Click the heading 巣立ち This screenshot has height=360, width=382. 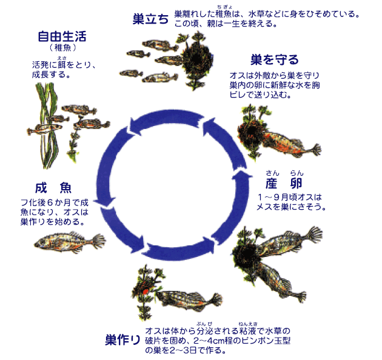[x=150, y=19]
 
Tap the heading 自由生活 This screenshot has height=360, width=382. [x=62, y=36]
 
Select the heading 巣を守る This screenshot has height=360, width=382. [x=275, y=60]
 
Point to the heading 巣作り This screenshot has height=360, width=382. [x=122, y=339]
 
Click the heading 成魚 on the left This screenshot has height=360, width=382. [x=53, y=188]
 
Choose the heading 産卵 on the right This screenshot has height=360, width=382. [x=284, y=183]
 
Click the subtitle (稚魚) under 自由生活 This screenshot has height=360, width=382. [x=62, y=47]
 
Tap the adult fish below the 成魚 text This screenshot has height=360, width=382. [x=70, y=242]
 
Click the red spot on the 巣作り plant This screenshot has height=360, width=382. [x=146, y=292]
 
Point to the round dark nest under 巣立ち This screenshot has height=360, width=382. [x=197, y=59]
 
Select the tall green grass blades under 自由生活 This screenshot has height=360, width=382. [x=49, y=125]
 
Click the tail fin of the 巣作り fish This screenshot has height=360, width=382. [x=214, y=300]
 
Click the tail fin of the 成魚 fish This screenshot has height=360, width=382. [x=98, y=241]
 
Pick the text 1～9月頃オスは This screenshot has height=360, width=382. [x=289, y=197]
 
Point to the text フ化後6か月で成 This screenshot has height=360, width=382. [x=55, y=202]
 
